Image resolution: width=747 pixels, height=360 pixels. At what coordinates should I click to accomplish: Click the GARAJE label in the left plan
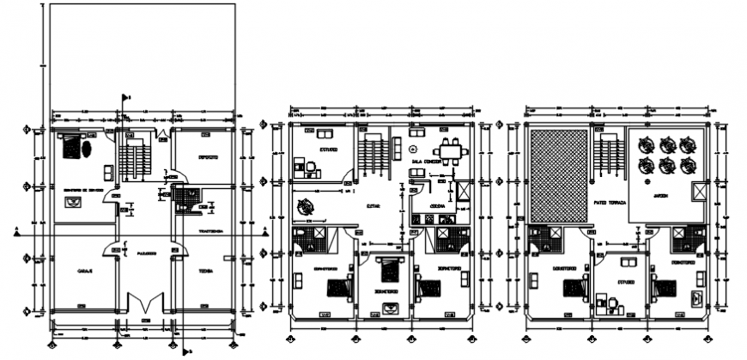point(85,271)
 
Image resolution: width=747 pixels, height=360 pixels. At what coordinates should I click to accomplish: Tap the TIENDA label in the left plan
point(206,271)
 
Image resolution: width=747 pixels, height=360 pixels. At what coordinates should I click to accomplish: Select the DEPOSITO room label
point(207,157)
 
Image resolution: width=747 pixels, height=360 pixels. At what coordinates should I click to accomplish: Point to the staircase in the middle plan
point(372,158)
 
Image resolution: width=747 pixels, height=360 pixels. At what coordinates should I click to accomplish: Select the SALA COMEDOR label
point(428,161)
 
